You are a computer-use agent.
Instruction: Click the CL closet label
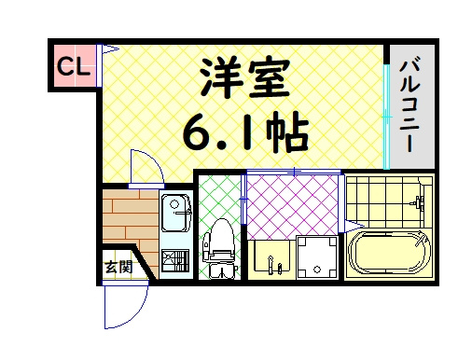tap(74, 66)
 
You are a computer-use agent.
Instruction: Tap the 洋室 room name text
tap(244, 79)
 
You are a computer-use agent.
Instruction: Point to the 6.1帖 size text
tap(245, 131)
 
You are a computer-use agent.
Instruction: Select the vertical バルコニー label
tap(410, 105)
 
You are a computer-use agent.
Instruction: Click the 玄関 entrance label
tap(118, 267)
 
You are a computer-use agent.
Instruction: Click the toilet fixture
tap(219, 249)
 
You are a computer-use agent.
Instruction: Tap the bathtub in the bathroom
tap(389, 253)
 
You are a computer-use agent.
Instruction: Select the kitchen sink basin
tap(175, 213)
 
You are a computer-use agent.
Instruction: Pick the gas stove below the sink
tap(175, 260)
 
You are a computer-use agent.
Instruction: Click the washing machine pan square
tap(317, 257)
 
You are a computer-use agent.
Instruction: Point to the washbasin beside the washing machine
tap(271, 256)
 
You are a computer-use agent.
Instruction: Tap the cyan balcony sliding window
tap(386, 117)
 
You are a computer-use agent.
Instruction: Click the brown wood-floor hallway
tap(130, 217)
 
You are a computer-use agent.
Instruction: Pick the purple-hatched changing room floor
tap(292, 206)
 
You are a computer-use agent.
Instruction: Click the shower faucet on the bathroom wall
tap(417, 202)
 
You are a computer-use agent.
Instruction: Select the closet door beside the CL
tap(99, 65)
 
